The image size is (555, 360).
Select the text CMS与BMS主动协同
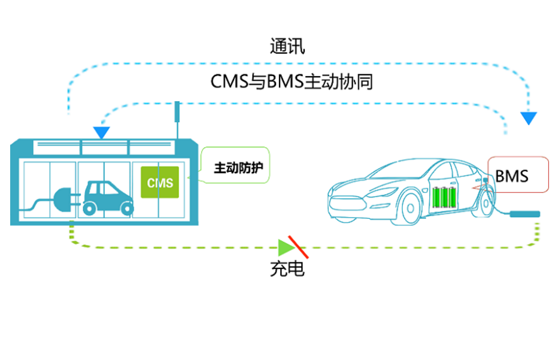(292, 81)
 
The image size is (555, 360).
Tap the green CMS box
(160, 182)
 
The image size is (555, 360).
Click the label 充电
(287, 269)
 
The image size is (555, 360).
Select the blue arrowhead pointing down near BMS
(528, 118)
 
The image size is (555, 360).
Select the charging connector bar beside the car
(524, 213)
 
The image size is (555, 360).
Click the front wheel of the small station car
(90, 208)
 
